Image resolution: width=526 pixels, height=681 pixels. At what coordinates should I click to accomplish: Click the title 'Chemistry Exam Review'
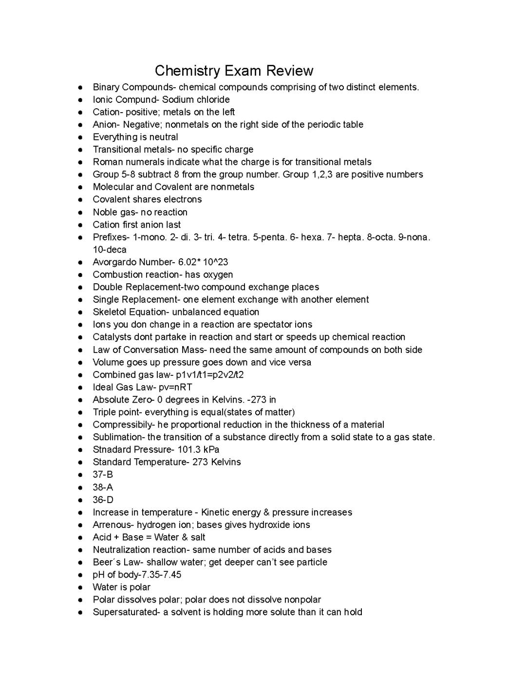click(x=234, y=71)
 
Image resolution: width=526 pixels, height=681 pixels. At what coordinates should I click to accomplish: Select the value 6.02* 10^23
click(x=203, y=262)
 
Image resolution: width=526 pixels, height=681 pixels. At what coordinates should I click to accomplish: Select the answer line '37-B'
click(x=103, y=474)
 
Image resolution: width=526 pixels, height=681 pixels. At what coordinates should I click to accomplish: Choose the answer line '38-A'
click(x=103, y=487)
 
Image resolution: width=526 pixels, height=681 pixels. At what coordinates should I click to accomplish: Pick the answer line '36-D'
click(x=103, y=500)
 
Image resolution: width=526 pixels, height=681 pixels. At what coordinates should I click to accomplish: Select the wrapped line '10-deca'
click(x=110, y=250)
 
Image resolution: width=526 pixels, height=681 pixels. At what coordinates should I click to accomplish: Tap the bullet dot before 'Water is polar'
click(x=80, y=587)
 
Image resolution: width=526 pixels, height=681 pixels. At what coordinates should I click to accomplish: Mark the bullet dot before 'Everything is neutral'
click(x=80, y=137)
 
